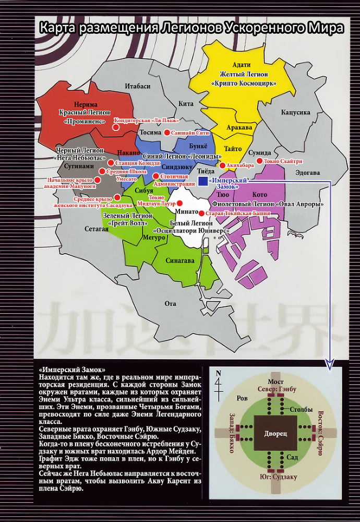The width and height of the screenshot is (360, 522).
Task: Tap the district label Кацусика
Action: coord(295,112)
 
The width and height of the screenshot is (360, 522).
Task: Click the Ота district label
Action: coord(170,303)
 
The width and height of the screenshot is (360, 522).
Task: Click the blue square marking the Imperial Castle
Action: coord(202,180)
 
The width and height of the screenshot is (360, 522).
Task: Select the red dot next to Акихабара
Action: coord(222,165)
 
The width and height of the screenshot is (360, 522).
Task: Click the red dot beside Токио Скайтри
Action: coord(259,161)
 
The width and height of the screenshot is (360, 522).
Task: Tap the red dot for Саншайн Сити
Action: coord(166,133)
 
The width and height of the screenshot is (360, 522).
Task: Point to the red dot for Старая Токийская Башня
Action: coord(201,213)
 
